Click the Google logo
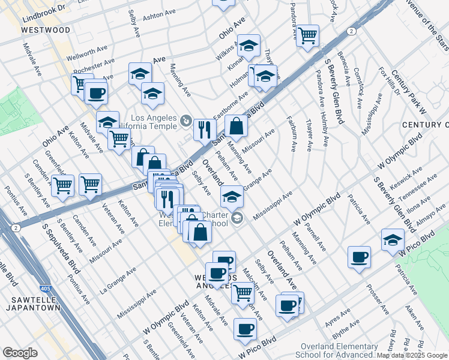20,353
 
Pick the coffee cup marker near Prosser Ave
359,257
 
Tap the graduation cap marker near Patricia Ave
393,239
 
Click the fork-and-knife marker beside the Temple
205,129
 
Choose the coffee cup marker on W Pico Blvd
245,329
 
